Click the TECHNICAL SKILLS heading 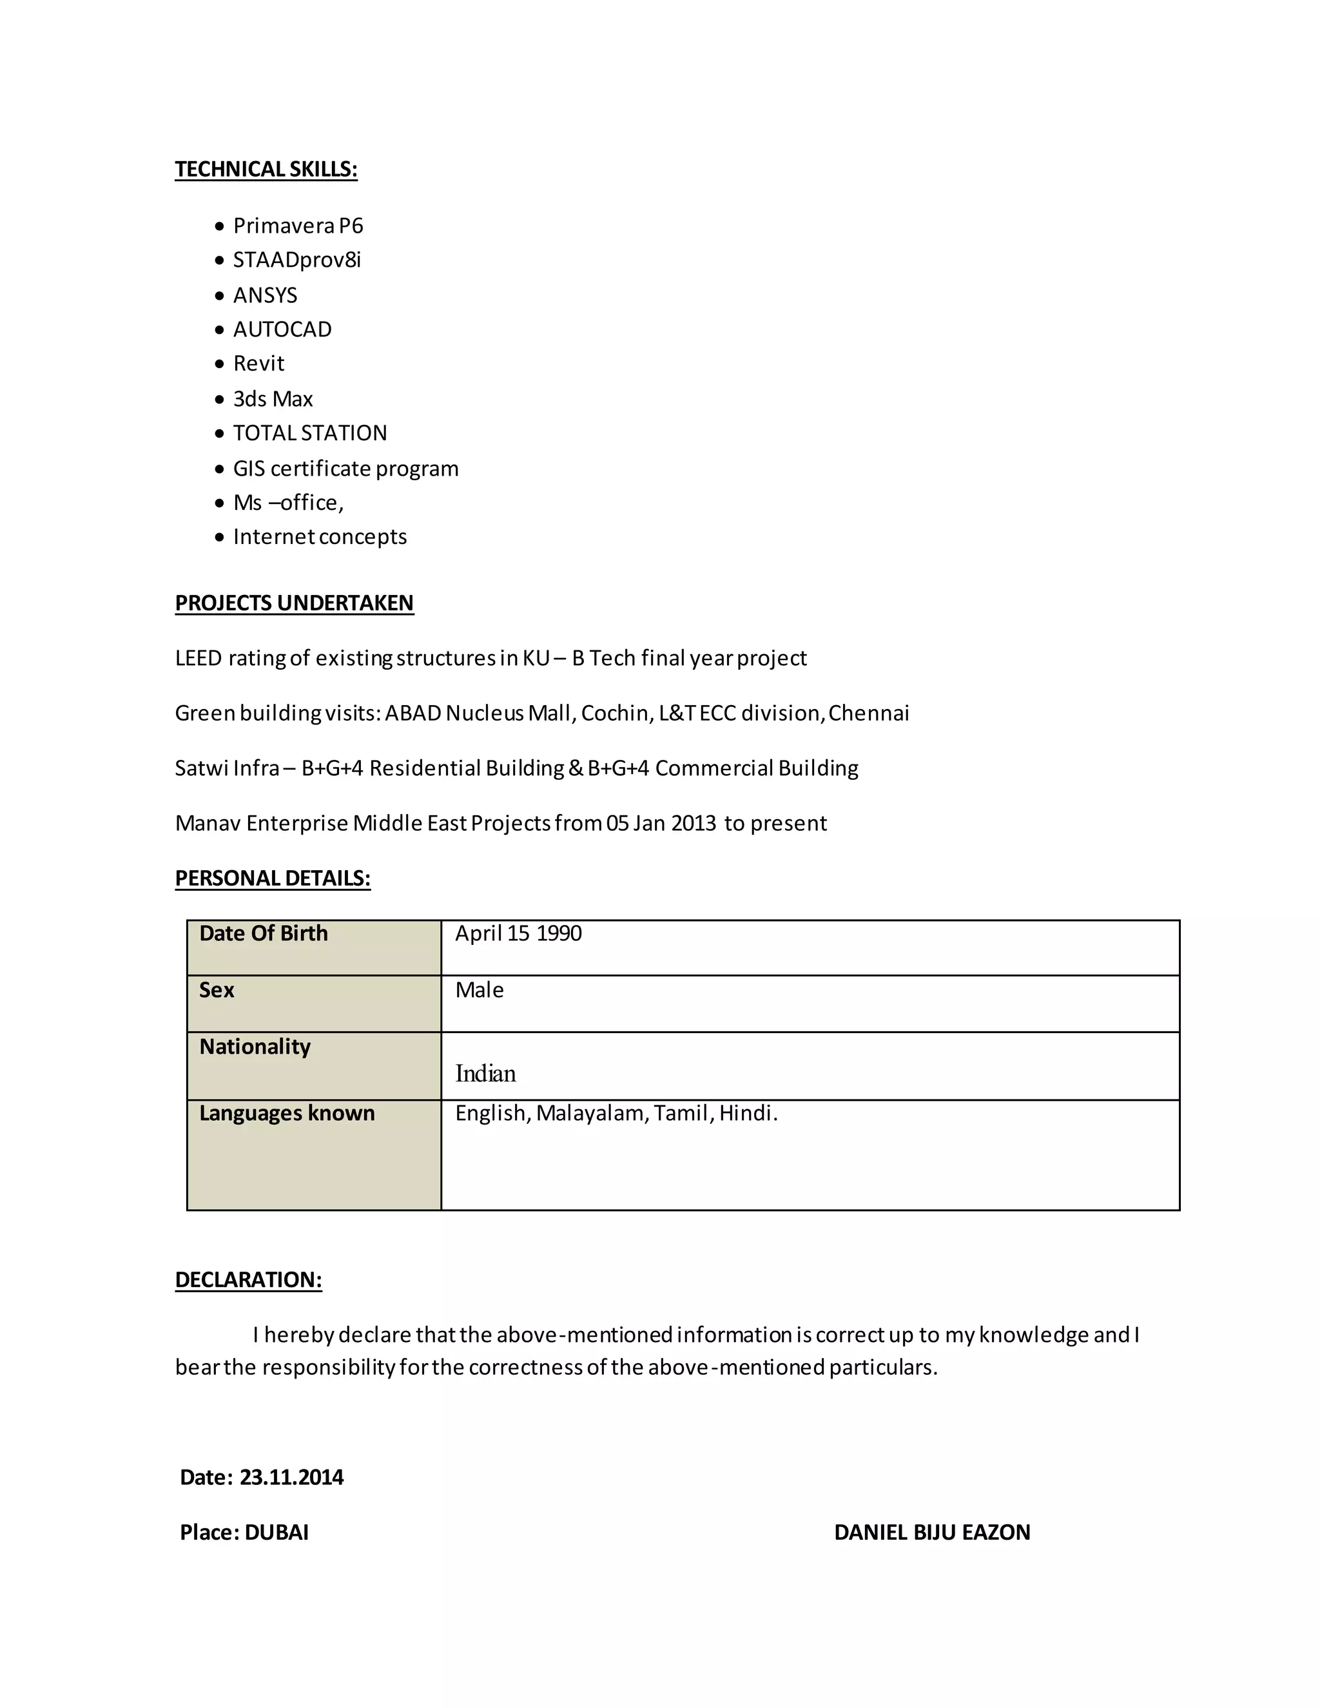coord(266,170)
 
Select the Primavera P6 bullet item coord(298,226)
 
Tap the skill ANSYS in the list coord(265,296)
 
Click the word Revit coord(259,364)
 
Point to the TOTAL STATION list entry coord(309,433)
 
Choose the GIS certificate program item coord(345,469)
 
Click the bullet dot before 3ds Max coord(220,400)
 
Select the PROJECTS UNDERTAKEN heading coord(294,603)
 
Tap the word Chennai coord(868,713)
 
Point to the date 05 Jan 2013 coord(661,824)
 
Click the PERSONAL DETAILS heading coord(272,878)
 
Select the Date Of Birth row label coord(264,934)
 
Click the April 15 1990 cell coord(518,934)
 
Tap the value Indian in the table coord(485,1074)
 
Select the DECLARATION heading coord(248,1279)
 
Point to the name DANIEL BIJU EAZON coord(931,1532)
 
